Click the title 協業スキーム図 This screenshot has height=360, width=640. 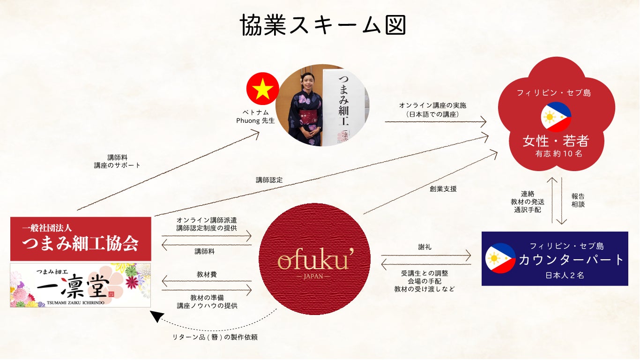tap(323, 24)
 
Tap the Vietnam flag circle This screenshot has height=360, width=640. tap(262, 89)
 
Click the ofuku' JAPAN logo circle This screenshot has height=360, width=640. tap(314, 259)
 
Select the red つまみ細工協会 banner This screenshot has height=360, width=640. tap(81, 239)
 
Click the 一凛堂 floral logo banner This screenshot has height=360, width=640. tap(81, 285)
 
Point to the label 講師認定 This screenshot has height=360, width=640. tap(269, 180)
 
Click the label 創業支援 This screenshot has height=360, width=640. tap(443, 189)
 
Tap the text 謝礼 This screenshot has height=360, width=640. tap(424, 247)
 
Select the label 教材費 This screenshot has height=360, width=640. tap(207, 275)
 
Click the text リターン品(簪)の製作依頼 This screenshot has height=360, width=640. tap(215, 337)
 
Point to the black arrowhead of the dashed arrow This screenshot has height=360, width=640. tap(156, 316)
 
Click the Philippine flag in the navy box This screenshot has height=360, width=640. tap(500, 258)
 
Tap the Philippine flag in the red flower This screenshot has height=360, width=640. tap(556, 117)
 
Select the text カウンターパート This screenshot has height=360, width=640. tap(571, 260)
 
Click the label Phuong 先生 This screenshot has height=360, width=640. tap(255, 120)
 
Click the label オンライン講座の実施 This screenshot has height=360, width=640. tap(432, 105)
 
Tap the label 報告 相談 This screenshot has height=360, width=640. tap(578, 200)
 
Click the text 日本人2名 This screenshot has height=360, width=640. tap(565, 275)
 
